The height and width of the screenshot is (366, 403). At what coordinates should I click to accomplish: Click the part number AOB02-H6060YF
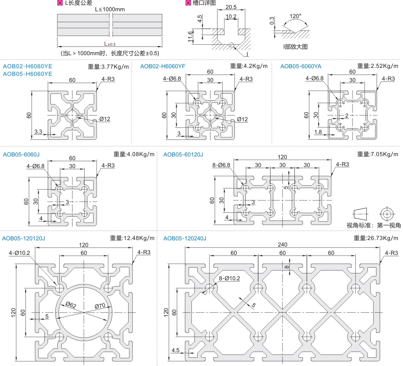(x=163, y=66)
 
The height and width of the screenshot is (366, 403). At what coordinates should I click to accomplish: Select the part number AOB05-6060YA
(x=301, y=66)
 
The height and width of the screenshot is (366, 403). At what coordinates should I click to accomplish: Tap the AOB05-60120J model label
(x=183, y=154)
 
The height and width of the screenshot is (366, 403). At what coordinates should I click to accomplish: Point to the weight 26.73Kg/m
(x=376, y=238)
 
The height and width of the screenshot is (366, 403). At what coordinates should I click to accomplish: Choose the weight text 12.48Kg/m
(x=132, y=238)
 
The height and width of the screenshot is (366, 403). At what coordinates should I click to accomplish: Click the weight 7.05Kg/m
(x=378, y=154)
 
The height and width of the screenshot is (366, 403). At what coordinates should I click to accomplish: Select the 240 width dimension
(x=282, y=244)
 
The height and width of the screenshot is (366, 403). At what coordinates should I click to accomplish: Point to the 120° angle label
(x=296, y=16)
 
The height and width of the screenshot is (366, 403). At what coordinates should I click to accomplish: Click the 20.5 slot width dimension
(x=231, y=7)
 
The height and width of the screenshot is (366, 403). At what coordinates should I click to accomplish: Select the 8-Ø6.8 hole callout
(x=221, y=165)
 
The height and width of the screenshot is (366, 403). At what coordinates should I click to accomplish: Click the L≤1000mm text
(x=109, y=9)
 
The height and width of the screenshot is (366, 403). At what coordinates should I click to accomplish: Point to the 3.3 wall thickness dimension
(x=38, y=131)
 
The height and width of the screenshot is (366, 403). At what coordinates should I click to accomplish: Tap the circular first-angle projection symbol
(x=387, y=213)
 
